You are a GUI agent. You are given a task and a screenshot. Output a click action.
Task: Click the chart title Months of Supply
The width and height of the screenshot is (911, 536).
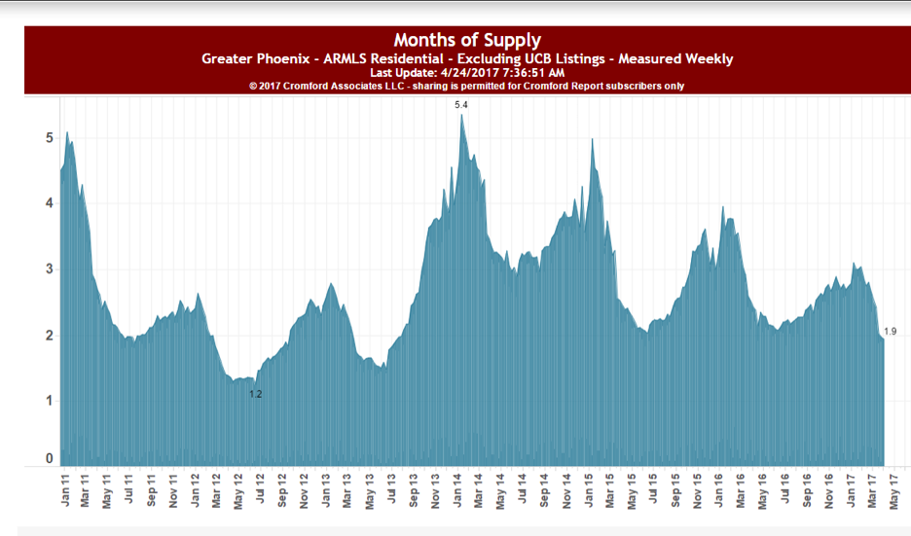467,41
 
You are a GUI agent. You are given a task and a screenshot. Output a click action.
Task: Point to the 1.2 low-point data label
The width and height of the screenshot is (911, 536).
256,394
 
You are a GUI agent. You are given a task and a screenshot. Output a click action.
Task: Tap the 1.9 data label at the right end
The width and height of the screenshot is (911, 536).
890,332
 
